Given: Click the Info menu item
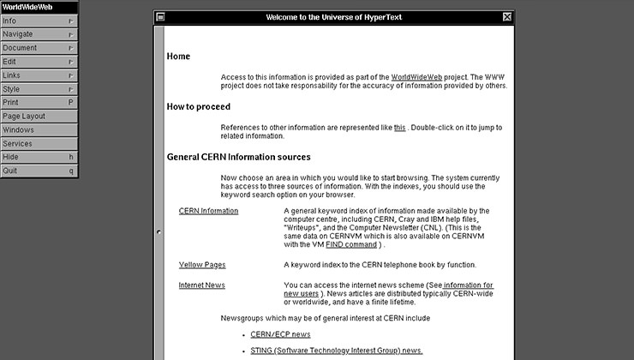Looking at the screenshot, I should pyautogui.click(x=34, y=21).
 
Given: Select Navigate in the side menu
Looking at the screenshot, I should pyautogui.click(x=34, y=34).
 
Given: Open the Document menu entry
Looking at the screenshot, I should pyautogui.click(x=34, y=48).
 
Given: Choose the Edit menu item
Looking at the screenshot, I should pyautogui.click(x=34, y=62).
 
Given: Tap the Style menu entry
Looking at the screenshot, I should pyautogui.click(x=34, y=89).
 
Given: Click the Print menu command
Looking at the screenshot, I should pyautogui.click(x=34, y=103).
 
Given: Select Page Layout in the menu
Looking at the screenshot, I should pyautogui.click(x=34, y=117).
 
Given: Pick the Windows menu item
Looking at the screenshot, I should pyautogui.click(x=34, y=130).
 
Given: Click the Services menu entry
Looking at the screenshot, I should pyautogui.click(x=34, y=144).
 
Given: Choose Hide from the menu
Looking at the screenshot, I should pyautogui.click(x=34, y=158).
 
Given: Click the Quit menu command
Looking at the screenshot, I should pyautogui.click(x=34, y=171).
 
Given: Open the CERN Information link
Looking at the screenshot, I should pyautogui.click(x=208, y=211).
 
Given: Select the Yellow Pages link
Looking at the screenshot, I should pyautogui.click(x=202, y=265).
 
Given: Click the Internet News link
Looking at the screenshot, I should pyautogui.click(x=202, y=285).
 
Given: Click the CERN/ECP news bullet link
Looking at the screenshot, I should pyautogui.click(x=280, y=334).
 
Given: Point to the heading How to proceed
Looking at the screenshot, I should pyautogui.click(x=198, y=107).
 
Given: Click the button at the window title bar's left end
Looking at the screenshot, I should pyautogui.click(x=160, y=17).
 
